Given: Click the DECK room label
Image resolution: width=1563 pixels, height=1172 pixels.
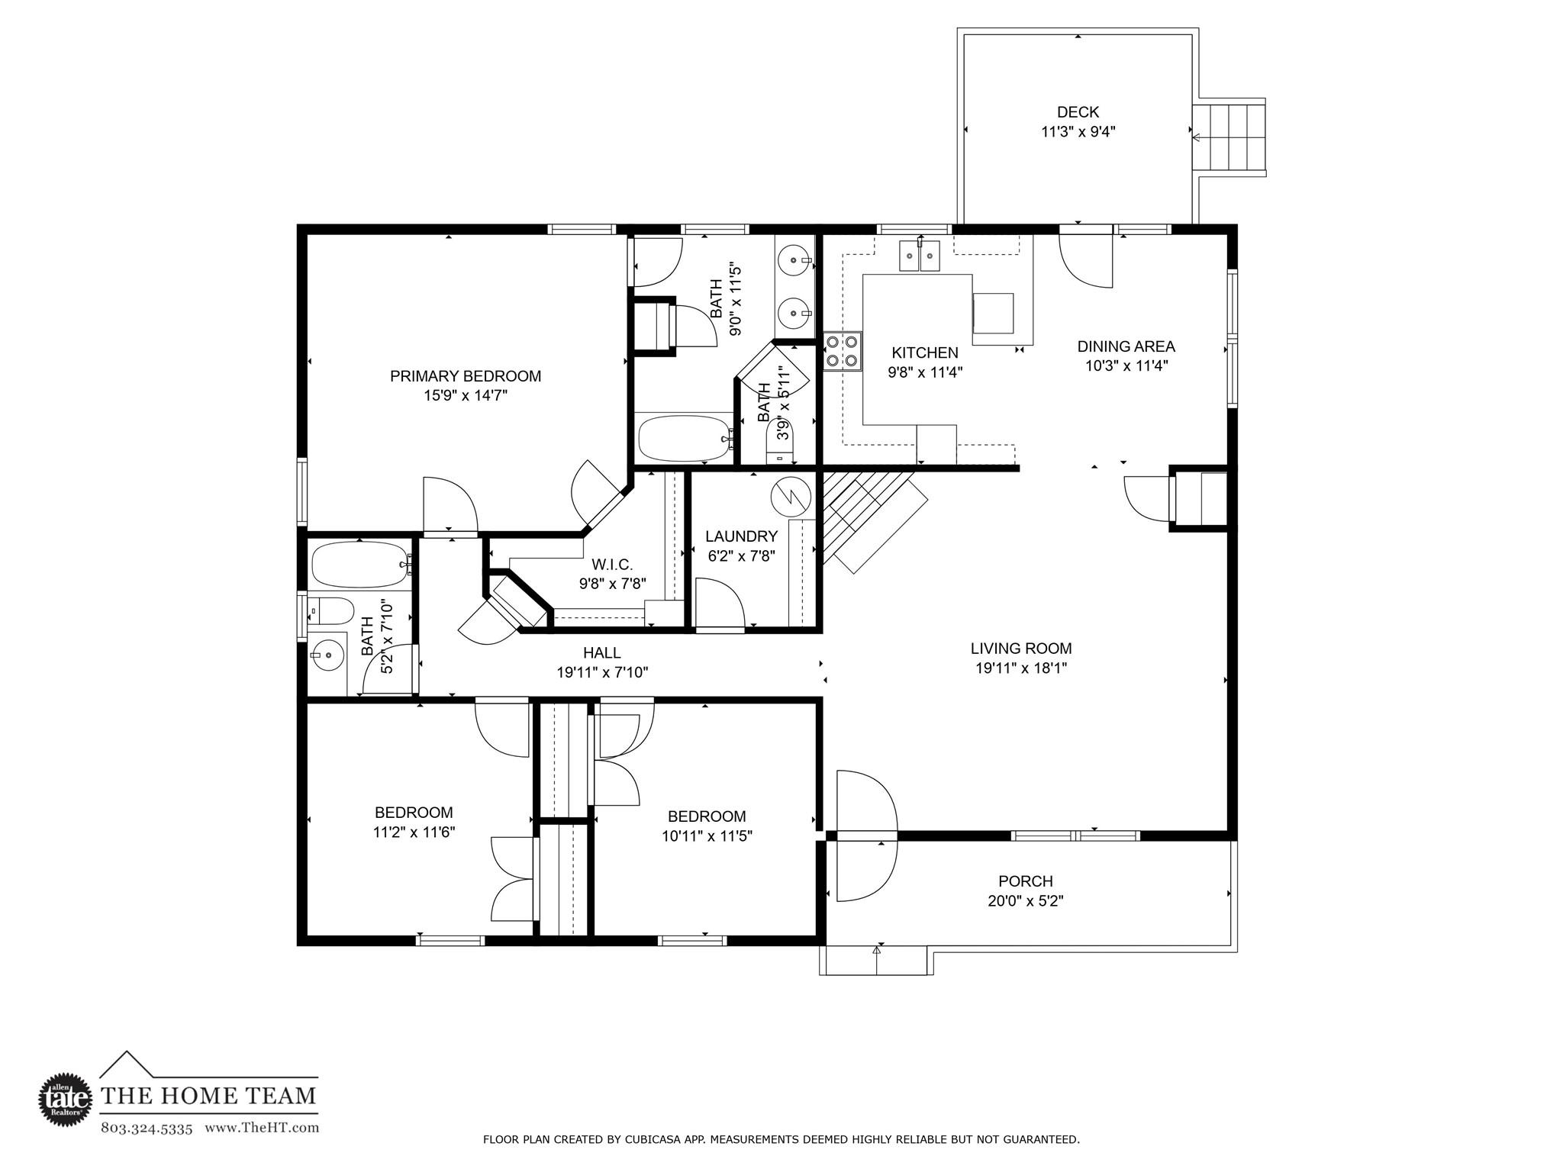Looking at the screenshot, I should [x=1078, y=112].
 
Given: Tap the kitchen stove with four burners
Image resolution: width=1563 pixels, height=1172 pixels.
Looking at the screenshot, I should [x=842, y=352].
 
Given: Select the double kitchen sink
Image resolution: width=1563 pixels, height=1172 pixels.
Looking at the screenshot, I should [x=919, y=256].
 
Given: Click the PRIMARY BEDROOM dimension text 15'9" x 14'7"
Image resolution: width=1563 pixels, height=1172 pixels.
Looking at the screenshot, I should [x=466, y=395].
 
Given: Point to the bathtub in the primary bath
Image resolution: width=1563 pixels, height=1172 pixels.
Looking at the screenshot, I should [x=684, y=438].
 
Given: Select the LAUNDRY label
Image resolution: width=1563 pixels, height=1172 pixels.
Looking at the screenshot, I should [x=741, y=536].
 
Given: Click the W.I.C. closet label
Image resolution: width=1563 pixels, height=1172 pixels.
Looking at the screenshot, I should [x=612, y=565].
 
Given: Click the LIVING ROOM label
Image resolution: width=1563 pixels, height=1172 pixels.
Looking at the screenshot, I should [x=1021, y=649].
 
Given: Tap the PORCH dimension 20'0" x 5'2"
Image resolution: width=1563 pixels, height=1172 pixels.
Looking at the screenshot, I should [x=1025, y=901].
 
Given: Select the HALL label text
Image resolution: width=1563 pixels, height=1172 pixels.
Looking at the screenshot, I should [x=601, y=652].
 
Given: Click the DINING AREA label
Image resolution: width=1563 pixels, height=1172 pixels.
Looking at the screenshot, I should [x=1126, y=346].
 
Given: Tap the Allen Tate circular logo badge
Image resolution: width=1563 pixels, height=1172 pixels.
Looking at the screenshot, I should [x=65, y=1100].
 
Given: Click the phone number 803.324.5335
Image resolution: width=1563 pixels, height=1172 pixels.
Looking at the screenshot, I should [x=147, y=1128].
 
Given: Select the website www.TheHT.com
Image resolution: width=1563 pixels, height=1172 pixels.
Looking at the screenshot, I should [x=262, y=1128].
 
